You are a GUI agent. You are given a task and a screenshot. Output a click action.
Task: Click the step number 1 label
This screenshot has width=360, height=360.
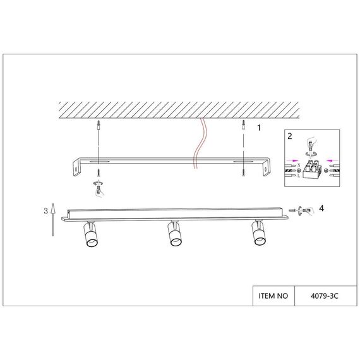coord(258,127)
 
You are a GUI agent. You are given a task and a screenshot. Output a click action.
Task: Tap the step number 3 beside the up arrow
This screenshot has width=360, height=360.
coord(45,211)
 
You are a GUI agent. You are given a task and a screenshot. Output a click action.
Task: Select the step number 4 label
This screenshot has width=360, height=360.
coord(322,207)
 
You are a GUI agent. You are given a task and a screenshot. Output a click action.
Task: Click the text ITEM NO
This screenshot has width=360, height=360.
coord(273,295)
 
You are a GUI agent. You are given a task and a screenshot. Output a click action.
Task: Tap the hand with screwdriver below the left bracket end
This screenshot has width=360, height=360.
coord(99,186)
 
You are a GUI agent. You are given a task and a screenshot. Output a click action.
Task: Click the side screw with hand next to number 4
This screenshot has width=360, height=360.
coord(302,209)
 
